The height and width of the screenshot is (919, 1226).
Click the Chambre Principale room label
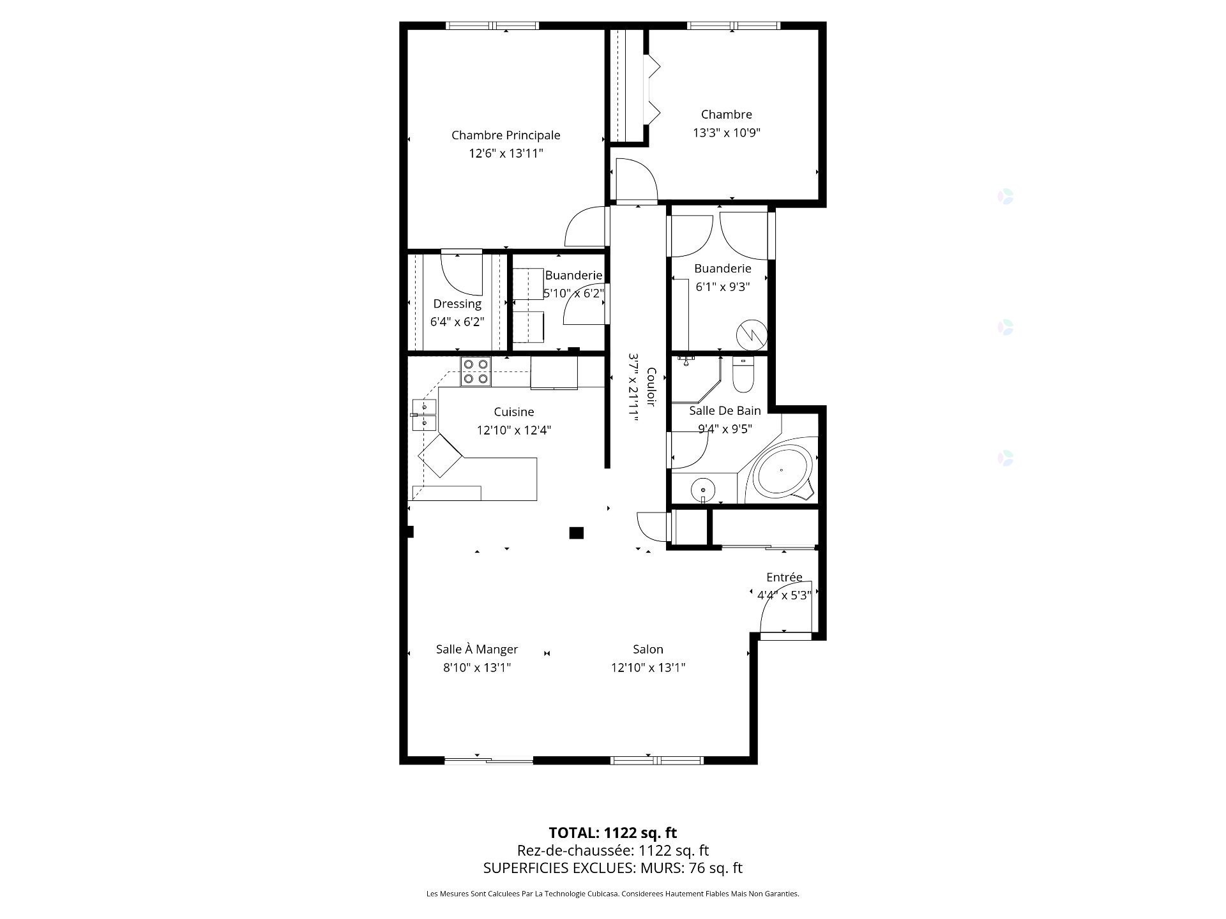pyautogui.click(x=506, y=135)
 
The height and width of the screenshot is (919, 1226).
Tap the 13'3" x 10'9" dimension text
pyautogui.click(x=727, y=133)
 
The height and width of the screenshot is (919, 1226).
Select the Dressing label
pyautogui.click(x=457, y=304)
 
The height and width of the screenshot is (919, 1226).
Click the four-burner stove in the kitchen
pyautogui.click(x=476, y=371)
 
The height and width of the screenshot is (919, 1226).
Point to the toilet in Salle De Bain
pyautogui.click(x=743, y=375)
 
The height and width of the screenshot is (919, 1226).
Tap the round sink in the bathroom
pyautogui.click(x=702, y=490)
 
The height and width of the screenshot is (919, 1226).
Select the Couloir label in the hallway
pyautogui.click(x=651, y=387)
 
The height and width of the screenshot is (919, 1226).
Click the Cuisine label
pyautogui.click(x=514, y=412)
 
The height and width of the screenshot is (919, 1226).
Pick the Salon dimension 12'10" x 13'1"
pyautogui.click(x=648, y=668)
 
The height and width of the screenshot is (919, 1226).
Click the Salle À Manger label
pyautogui.click(x=477, y=649)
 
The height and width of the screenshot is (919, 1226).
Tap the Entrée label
pyautogui.click(x=784, y=577)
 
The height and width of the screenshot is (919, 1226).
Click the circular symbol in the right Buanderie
pyautogui.click(x=751, y=334)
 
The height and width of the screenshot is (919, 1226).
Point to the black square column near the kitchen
pyautogui.click(x=577, y=532)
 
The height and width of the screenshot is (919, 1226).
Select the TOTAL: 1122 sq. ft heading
pyautogui.click(x=613, y=833)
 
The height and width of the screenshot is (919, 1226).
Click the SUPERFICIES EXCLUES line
pyautogui.click(x=613, y=868)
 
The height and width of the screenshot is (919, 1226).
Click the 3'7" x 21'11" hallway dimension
pyautogui.click(x=634, y=386)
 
